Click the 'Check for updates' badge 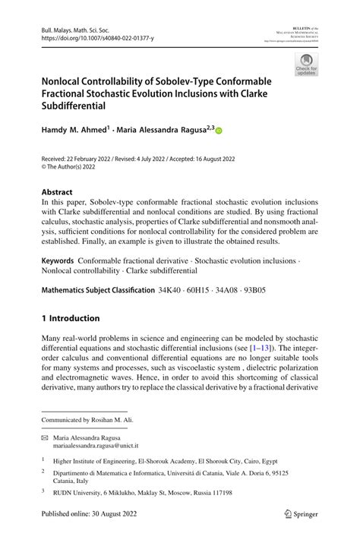[307, 65]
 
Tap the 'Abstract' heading [58, 192]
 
